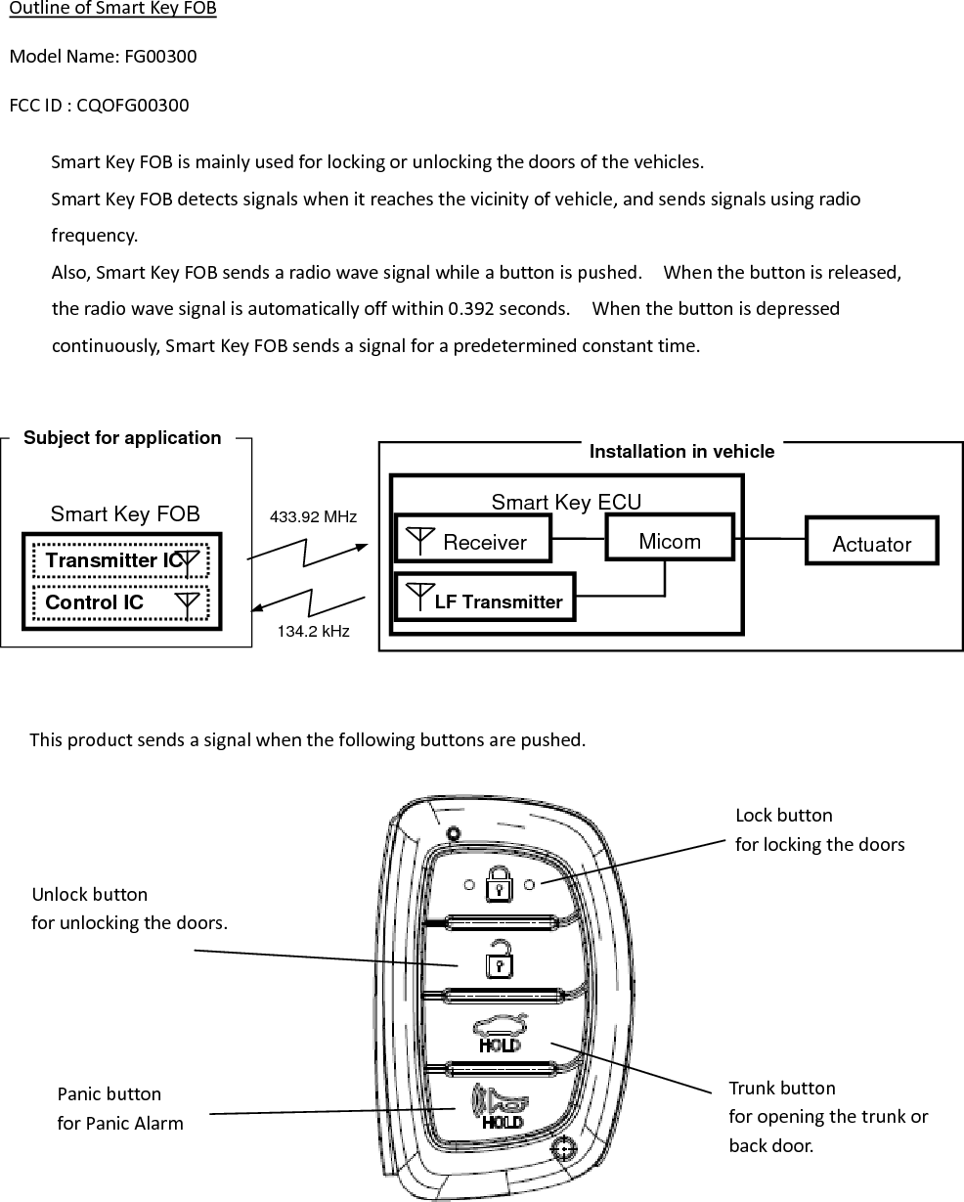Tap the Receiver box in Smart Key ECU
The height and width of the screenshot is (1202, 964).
(x=473, y=541)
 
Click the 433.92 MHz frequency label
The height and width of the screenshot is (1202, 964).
(x=313, y=516)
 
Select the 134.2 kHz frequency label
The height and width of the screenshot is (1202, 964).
(x=313, y=632)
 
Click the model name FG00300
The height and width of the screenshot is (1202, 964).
(x=160, y=57)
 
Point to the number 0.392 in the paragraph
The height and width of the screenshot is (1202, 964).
(x=471, y=309)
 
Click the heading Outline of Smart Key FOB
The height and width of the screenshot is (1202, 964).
(x=112, y=10)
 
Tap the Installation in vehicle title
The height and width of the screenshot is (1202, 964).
(x=681, y=451)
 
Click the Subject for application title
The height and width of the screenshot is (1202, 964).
(x=122, y=438)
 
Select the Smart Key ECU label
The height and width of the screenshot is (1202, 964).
(x=566, y=503)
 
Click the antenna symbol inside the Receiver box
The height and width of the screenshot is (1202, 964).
(x=419, y=539)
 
